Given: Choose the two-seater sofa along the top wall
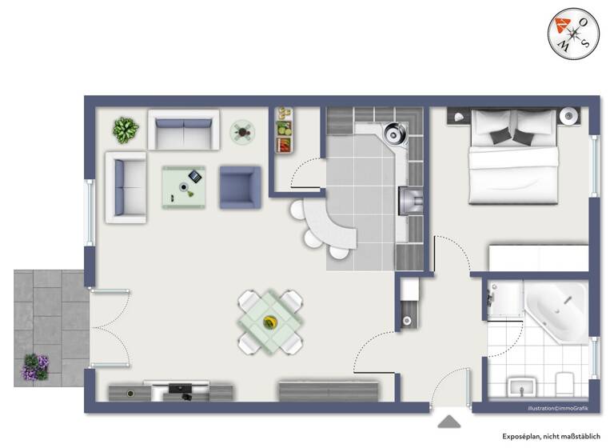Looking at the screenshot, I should (x=184, y=130).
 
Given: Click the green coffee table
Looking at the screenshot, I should (x=184, y=186).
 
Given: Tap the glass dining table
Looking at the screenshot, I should (x=270, y=322).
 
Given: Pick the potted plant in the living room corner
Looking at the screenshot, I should (x=126, y=129).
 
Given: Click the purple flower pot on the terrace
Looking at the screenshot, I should (x=36, y=367).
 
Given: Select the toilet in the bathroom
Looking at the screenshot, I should (x=565, y=383).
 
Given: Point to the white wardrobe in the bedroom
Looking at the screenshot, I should (x=538, y=258).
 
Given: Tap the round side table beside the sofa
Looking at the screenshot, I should (x=243, y=130).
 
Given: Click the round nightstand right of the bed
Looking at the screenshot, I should (x=571, y=115).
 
